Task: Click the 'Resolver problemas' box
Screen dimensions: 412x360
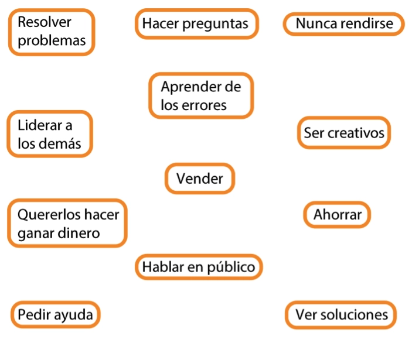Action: point(52,32)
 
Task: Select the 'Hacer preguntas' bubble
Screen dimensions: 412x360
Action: point(197,24)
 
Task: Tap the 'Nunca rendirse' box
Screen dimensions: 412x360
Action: point(343,24)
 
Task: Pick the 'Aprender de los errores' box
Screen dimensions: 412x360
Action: point(201,96)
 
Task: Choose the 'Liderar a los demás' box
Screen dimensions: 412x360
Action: point(50,134)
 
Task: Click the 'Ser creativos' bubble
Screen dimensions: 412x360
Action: point(344,132)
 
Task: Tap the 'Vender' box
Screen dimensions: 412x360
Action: point(200,179)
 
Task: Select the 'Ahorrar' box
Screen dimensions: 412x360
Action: point(337,215)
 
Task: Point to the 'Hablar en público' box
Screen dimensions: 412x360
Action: point(199,267)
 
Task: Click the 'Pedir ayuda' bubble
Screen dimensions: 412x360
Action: point(56,314)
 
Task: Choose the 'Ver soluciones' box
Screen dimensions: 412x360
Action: point(341,314)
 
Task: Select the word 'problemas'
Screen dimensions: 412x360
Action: point(52,41)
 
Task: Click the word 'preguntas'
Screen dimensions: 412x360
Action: point(215,24)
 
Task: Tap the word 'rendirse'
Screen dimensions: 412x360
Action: point(367,23)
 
